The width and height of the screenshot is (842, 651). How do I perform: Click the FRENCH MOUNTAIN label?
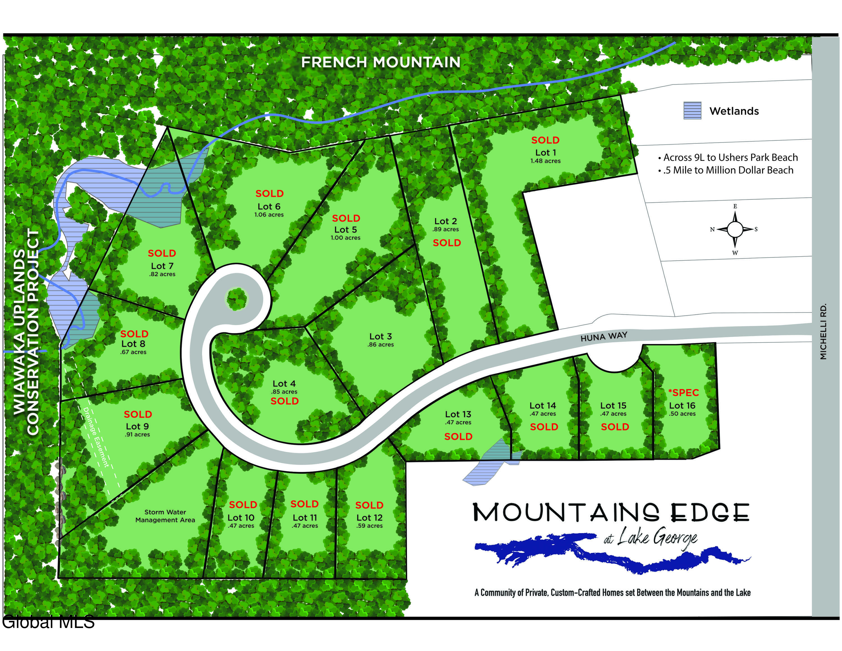coord(381,62)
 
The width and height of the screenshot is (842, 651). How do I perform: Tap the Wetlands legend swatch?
coord(692,111)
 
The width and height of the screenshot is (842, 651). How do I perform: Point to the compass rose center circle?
coord(735,229)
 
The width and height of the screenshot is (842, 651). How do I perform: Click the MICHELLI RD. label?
coord(823,332)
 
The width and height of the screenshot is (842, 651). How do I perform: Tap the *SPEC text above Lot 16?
coord(683,393)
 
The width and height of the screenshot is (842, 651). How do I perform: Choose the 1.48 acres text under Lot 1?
coord(545,161)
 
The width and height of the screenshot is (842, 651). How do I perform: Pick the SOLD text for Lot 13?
coord(458,436)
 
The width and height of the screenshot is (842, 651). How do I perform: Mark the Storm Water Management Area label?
coord(165,516)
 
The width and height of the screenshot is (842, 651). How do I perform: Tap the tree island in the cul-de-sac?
coord(236,299)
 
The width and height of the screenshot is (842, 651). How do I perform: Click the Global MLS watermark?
coord(48,622)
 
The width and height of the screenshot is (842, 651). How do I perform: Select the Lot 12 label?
coord(369,518)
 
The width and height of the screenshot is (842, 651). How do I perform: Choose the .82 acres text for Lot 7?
coord(162,274)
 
